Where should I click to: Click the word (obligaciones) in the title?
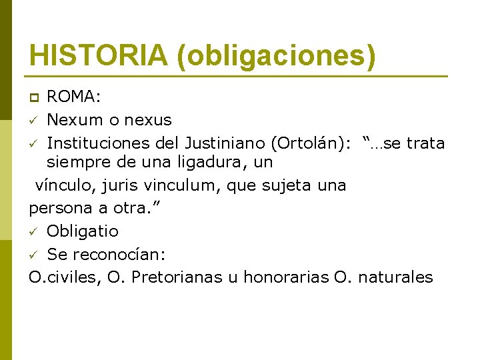tap(276, 56)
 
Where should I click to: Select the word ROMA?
tap(74, 97)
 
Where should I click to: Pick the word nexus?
tap(149, 120)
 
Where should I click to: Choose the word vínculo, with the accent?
tap(62, 185)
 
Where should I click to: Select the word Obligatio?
tap(83, 231)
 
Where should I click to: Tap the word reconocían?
tap(117, 254)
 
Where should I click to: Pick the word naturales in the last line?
tap(396, 277)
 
